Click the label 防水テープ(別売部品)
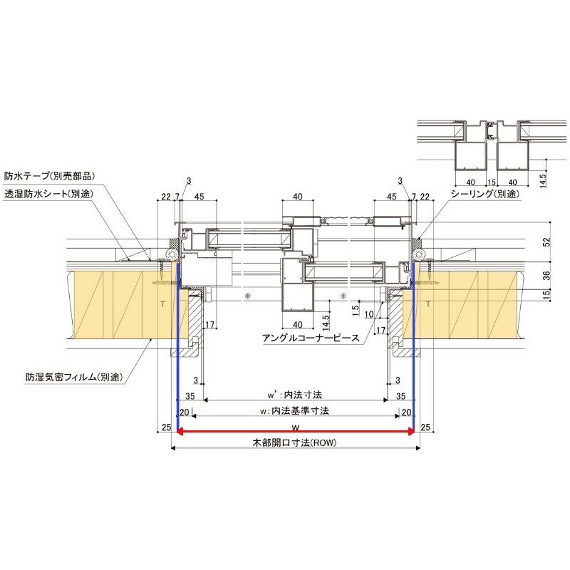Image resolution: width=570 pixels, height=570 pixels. (x=50, y=175)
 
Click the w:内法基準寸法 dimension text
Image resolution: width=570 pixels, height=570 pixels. (x=294, y=411)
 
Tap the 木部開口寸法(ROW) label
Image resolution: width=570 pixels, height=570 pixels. (x=294, y=443)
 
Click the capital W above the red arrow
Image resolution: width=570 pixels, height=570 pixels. (x=294, y=427)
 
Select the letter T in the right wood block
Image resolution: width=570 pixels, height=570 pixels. (x=427, y=304)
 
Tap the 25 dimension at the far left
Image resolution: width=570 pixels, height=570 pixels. (x=165, y=427)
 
